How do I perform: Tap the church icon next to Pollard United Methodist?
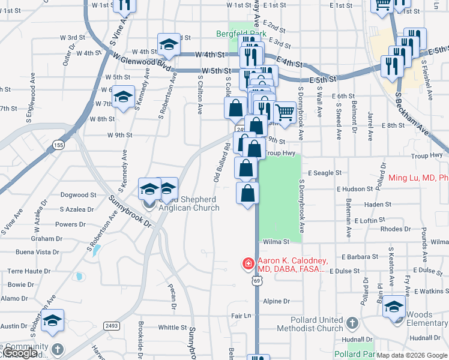(x=352, y=324)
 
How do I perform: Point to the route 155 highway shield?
(x=58, y=145)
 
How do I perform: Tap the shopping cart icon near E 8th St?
(x=284, y=112)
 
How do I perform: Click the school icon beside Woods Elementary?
(x=394, y=307)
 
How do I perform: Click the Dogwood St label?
(x=79, y=195)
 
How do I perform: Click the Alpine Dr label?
(x=277, y=301)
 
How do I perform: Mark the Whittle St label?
(x=172, y=328)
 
